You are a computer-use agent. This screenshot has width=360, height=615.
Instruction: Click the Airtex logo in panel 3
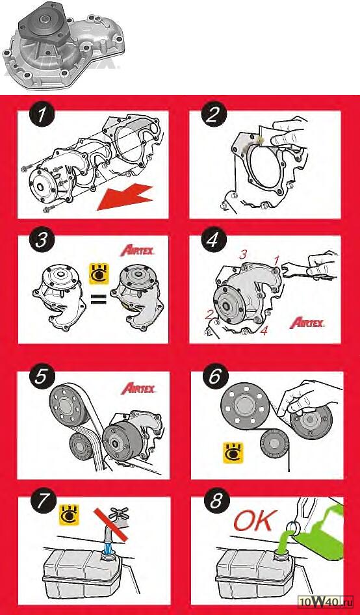(137, 251)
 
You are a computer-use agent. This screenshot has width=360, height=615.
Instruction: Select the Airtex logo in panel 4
(307, 323)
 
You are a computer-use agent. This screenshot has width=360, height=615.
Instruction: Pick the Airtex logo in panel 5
(138, 388)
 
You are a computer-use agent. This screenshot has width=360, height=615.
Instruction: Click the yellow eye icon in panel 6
(233, 452)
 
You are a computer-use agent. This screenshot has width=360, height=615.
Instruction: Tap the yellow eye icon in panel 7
(69, 516)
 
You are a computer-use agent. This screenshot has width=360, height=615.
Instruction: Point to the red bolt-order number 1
(276, 259)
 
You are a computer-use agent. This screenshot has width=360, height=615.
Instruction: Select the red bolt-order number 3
(243, 255)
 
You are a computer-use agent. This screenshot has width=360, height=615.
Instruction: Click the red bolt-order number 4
(264, 331)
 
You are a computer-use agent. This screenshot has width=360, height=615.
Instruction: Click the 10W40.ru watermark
(326, 607)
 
